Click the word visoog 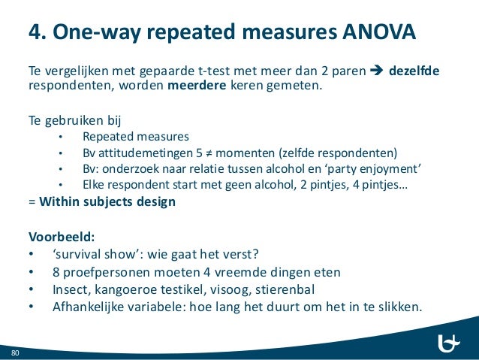pyautogui.click(x=228, y=289)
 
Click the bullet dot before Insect pyautogui.click(x=31, y=289)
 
